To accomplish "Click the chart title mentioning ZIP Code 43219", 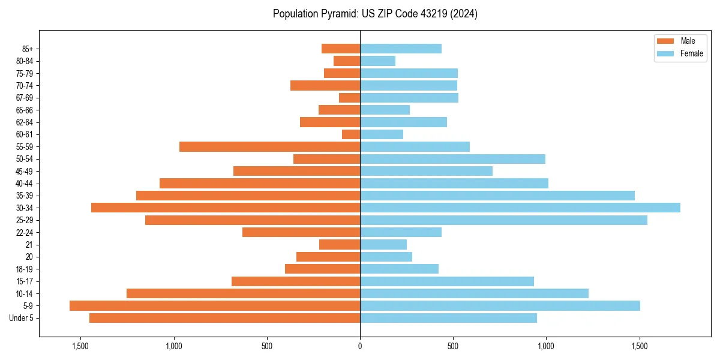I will [x=375, y=14].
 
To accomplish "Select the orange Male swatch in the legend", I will [x=666, y=41].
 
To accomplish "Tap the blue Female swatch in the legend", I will [x=666, y=53].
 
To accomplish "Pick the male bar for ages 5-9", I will [x=215, y=305].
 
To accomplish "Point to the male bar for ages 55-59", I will [x=269, y=146].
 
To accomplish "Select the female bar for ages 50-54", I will [x=452, y=159].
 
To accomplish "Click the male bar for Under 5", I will [x=224, y=318].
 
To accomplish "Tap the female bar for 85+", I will [x=401, y=49].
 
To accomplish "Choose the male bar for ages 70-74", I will [x=325, y=85].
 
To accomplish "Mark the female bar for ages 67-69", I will [x=409, y=98].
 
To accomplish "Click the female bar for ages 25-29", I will [x=503, y=220].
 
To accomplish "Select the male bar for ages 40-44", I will [x=260, y=183].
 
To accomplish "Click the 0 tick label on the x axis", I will [x=360, y=346].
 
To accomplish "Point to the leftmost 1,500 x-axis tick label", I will [x=80, y=346].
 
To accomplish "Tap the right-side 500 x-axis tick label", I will [x=453, y=346].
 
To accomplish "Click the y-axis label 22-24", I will [x=25, y=232].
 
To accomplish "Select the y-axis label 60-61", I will [x=25, y=134].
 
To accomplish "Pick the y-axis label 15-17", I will [x=25, y=281].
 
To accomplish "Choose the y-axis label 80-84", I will [x=25, y=61].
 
